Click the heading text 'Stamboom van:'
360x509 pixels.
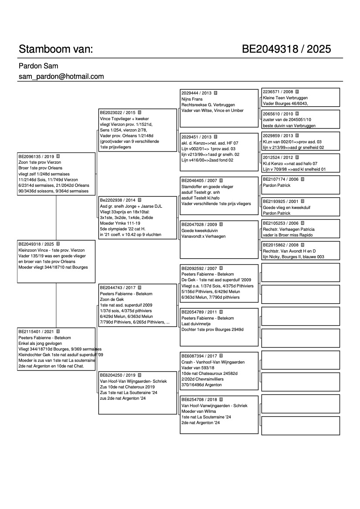coord(56,49)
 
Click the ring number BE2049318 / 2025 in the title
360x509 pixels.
coord(286,49)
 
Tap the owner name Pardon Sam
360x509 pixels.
coord(38,66)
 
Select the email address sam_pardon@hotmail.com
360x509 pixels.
coord(61,77)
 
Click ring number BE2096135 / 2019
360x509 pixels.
coord(36,156)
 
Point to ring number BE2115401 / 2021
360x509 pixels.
coord(36,332)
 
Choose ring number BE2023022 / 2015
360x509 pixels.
coord(117,112)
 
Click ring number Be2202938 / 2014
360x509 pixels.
coord(117,200)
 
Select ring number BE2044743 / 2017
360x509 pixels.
coord(118,288)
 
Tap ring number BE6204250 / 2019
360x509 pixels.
coord(118,375)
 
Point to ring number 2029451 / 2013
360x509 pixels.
coord(196,137)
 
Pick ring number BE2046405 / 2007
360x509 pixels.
coord(199,181)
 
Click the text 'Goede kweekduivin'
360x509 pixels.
coord(200,230)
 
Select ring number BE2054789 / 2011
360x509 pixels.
coord(199,312)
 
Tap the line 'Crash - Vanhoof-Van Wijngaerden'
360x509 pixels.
coord(213,362)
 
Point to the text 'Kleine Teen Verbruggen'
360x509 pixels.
coord(285,98)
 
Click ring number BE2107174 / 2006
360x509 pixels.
coord(281,179)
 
